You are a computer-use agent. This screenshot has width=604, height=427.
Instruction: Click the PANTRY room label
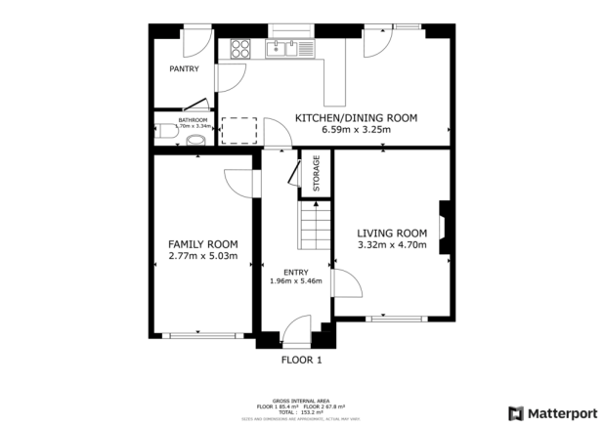[x=184, y=69]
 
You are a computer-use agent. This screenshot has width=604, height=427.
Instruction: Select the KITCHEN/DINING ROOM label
[x=356, y=117]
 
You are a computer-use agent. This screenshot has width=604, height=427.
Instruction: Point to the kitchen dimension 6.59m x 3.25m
[x=356, y=129]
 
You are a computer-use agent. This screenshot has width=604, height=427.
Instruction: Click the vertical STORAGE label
[x=316, y=174]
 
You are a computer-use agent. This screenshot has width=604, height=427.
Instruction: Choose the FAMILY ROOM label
[x=203, y=244]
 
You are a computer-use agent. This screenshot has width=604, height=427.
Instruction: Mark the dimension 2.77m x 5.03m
[x=203, y=257]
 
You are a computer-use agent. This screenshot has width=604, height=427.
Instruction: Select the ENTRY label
[x=295, y=272]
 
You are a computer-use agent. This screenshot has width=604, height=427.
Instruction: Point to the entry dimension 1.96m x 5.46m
[x=295, y=282]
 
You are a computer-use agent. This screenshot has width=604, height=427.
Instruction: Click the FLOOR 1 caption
[x=301, y=360]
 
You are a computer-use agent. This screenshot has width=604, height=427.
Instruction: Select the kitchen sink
[x=285, y=47]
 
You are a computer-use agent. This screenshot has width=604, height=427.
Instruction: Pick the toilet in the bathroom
[x=196, y=137]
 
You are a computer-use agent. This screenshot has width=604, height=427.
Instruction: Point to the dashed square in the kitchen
[x=238, y=131]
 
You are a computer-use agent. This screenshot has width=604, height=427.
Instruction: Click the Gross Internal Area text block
[x=301, y=406]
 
